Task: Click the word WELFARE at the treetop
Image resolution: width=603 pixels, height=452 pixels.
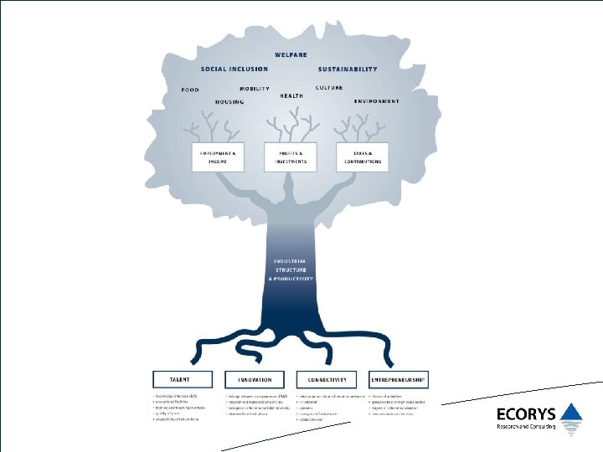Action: pyautogui.click(x=290, y=55)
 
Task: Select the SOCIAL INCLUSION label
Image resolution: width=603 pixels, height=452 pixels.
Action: pyautogui.click(x=234, y=69)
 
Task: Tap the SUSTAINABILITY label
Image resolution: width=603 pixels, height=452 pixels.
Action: pyautogui.click(x=348, y=69)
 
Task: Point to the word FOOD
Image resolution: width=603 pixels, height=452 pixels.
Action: pyautogui.click(x=190, y=90)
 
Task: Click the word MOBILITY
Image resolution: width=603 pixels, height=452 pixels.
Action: pyautogui.click(x=254, y=89)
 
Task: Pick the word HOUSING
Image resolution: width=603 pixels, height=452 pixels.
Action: pyautogui.click(x=229, y=102)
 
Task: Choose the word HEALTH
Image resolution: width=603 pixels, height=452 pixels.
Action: pyautogui.click(x=291, y=95)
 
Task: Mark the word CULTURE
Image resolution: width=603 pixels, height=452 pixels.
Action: pyautogui.click(x=329, y=87)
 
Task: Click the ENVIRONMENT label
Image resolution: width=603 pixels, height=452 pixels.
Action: pyautogui.click(x=376, y=100)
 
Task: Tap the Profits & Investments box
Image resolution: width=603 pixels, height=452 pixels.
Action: pyautogui.click(x=290, y=157)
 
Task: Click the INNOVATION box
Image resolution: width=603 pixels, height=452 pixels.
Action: pyautogui.click(x=255, y=380)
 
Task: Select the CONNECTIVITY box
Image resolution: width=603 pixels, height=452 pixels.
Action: pyautogui.click(x=327, y=380)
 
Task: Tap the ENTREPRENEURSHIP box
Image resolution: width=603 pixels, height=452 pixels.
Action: pyautogui.click(x=398, y=380)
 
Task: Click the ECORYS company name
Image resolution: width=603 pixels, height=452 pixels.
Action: pyautogui.click(x=524, y=413)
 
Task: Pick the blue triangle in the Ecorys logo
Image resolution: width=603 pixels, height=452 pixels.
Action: pyautogui.click(x=571, y=411)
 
